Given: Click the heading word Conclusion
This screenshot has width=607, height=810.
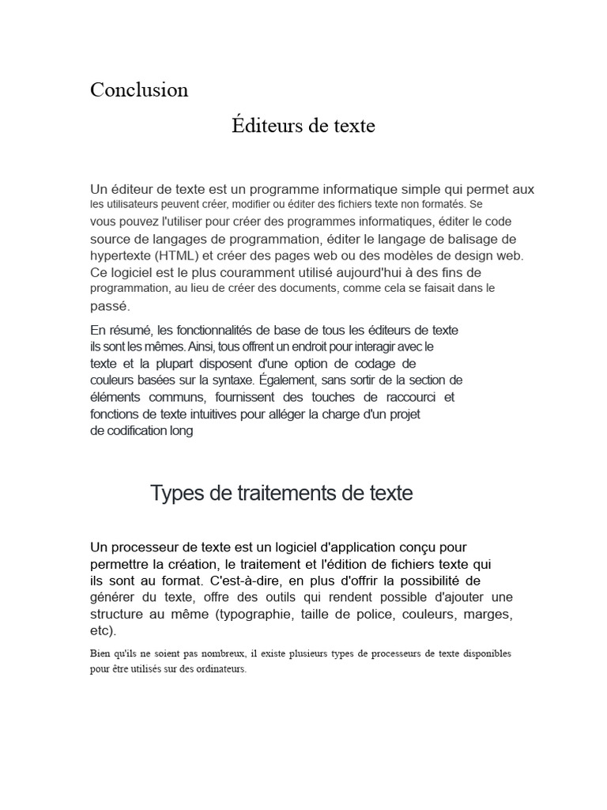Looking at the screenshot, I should tap(139, 90).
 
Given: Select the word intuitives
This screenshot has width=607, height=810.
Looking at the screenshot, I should tap(228, 414).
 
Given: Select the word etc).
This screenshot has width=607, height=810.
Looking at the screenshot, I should tap(103, 630).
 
